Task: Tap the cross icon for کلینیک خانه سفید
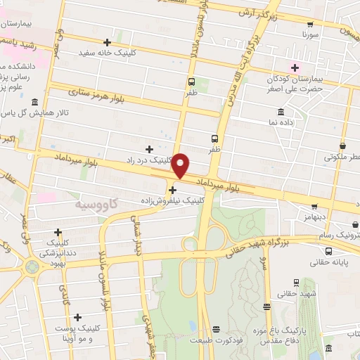click(x=107, y=42)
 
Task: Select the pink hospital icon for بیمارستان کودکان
click(x=296, y=67)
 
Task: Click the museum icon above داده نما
click(x=281, y=112)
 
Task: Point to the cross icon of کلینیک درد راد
click(x=149, y=148)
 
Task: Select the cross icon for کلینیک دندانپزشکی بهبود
click(x=58, y=232)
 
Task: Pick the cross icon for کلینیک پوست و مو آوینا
click(x=77, y=318)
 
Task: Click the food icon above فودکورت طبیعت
click(x=217, y=328)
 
